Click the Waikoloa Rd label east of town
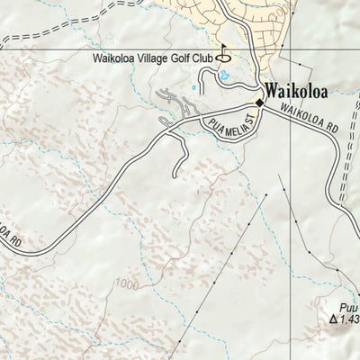coord(311,121)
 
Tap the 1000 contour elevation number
coord(129,285)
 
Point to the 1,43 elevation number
coord(349,343)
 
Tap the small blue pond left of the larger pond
coord(196,88)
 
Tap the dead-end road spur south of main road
coord(177,162)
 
